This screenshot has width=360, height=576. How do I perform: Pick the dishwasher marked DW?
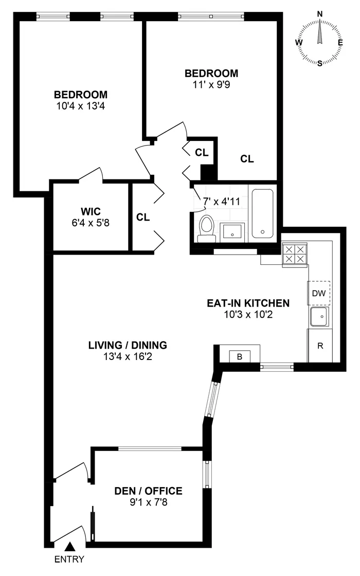(319, 293)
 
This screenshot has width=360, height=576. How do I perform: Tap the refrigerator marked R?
(320, 346)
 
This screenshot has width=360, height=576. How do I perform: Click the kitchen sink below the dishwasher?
(319, 317)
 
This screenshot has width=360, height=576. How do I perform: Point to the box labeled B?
(240, 356)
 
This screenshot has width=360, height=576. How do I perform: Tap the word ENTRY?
(69, 560)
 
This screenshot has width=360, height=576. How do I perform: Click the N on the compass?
(320, 13)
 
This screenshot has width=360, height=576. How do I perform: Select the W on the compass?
(299, 42)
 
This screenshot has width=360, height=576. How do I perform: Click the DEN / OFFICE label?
(148, 491)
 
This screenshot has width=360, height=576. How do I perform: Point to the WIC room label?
(90, 211)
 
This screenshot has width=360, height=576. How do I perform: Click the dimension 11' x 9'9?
(212, 83)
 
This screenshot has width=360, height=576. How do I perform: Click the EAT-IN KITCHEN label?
(248, 303)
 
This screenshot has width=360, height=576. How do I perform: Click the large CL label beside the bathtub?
(247, 159)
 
